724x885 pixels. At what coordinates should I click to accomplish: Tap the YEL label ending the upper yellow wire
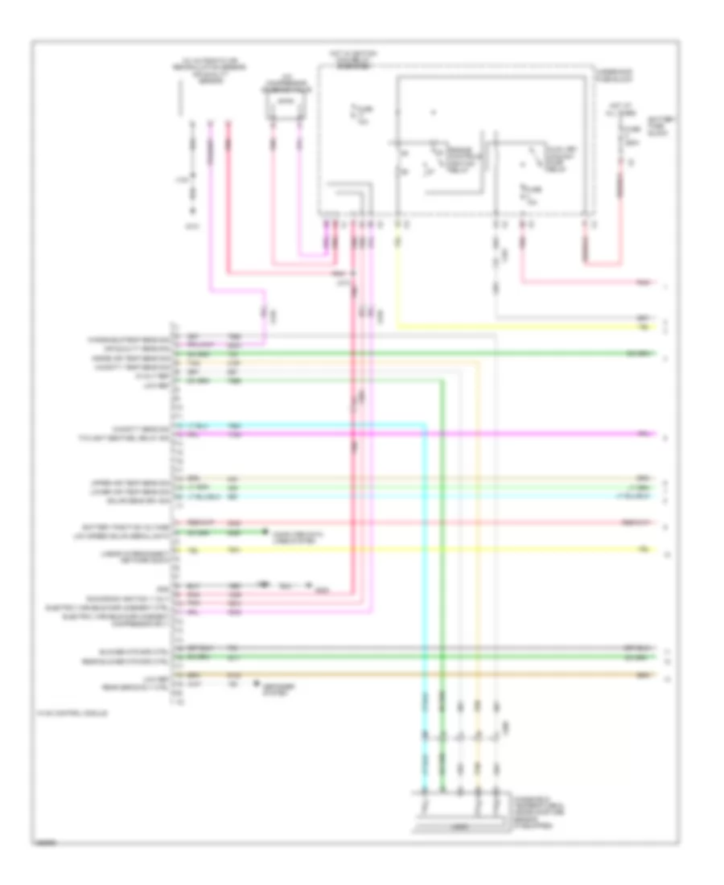pos(643,327)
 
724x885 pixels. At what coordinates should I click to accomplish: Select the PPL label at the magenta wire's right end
pos(643,434)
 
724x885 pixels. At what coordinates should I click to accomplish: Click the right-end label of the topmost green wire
pos(640,353)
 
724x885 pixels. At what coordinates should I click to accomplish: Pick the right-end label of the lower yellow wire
pos(643,550)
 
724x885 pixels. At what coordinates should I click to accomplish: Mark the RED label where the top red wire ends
pos(643,283)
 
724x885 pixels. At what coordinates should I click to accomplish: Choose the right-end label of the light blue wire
pos(640,499)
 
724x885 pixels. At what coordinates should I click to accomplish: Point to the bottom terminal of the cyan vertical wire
pos(425,792)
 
